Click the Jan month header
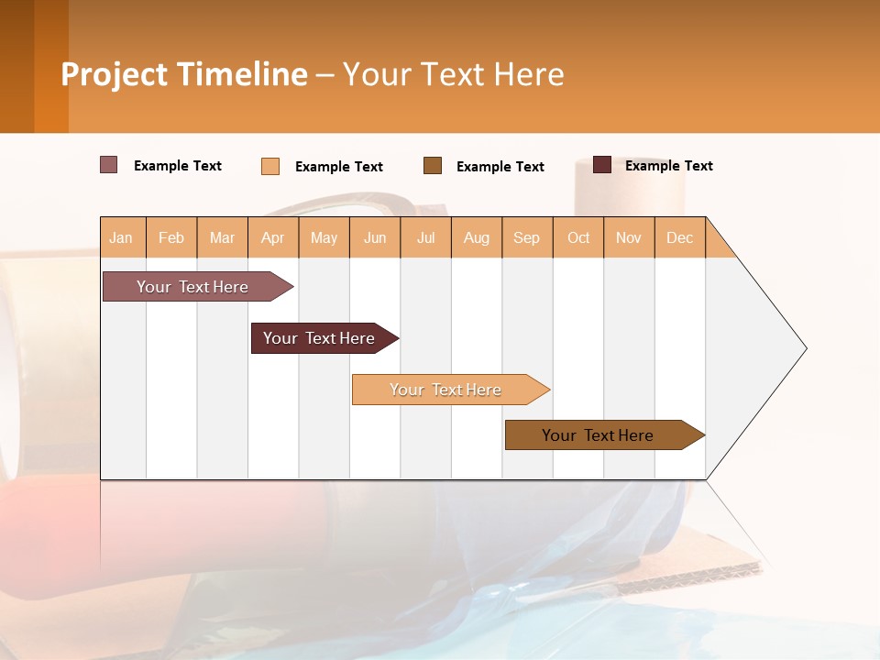click(x=122, y=238)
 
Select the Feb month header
click(x=171, y=238)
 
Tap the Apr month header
click(x=273, y=238)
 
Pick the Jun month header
click(x=375, y=238)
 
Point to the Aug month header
click(x=477, y=238)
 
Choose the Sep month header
click(x=527, y=238)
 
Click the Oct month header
click(x=578, y=238)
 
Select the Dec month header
click(x=680, y=238)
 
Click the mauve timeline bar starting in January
click(x=193, y=287)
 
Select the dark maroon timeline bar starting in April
click(x=320, y=338)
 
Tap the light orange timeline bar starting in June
click(x=446, y=390)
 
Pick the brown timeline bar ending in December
click(x=599, y=435)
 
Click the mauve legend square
click(x=109, y=165)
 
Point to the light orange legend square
click(x=270, y=166)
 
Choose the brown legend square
click(x=433, y=166)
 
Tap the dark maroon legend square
click(x=602, y=165)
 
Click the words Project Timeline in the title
click(x=184, y=74)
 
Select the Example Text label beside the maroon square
click(x=669, y=166)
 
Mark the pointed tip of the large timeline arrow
click(x=805, y=348)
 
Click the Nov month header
click(x=629, y=238)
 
